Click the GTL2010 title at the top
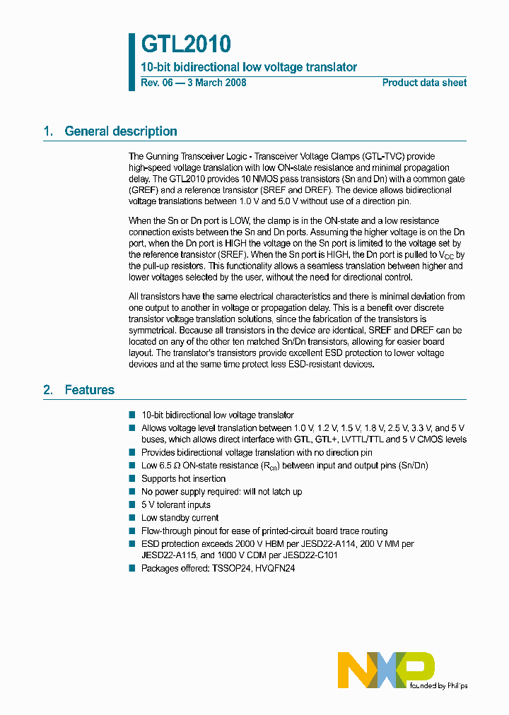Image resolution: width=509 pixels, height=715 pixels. pos(186,45)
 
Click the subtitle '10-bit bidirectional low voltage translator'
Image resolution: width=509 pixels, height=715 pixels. pos(249,68)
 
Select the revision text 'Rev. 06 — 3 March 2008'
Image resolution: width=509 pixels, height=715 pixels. pos(194,83)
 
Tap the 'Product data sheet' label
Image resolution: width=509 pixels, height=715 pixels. pos(424,83)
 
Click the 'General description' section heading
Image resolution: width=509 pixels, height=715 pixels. pos(120,131)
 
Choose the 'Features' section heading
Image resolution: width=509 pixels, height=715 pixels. pos(89,390)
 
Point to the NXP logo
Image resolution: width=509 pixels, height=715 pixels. pos(385,670)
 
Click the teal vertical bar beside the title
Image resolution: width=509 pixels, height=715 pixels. pos(131,62)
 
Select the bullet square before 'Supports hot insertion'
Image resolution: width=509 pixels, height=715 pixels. pos(131,478)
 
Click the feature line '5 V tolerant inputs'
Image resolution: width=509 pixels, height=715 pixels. pos(176,504)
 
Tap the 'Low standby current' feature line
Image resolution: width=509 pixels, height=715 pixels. pos(180,518)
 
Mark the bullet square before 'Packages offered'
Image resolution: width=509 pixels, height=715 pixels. pos(131,568)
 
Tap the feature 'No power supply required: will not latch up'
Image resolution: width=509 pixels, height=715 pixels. pos(221,492)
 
